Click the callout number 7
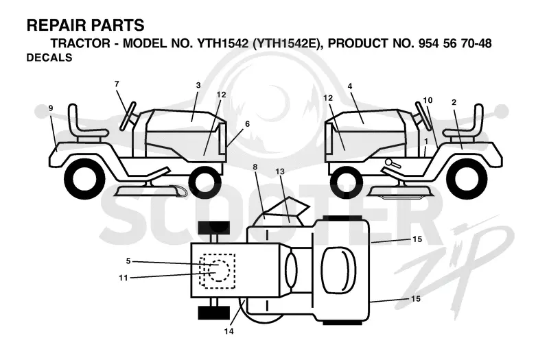coord(117,84)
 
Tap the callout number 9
coord(51,108)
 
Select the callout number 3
coord(198,85)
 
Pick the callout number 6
coord(247,124)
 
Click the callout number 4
coord(350,86)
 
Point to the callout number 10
coord(428,100)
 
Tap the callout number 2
coord(454,102)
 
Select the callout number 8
coord(255,167)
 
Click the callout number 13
coord(280,171)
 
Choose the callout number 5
coord(128,261)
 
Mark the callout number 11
coord(124,278)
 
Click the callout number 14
coord(229,331)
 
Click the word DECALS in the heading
coord(49,58)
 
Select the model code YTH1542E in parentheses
coord(287,43)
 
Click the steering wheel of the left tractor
coord(128,116)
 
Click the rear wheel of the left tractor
coord(84,179)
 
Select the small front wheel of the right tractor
coord(346,182)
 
